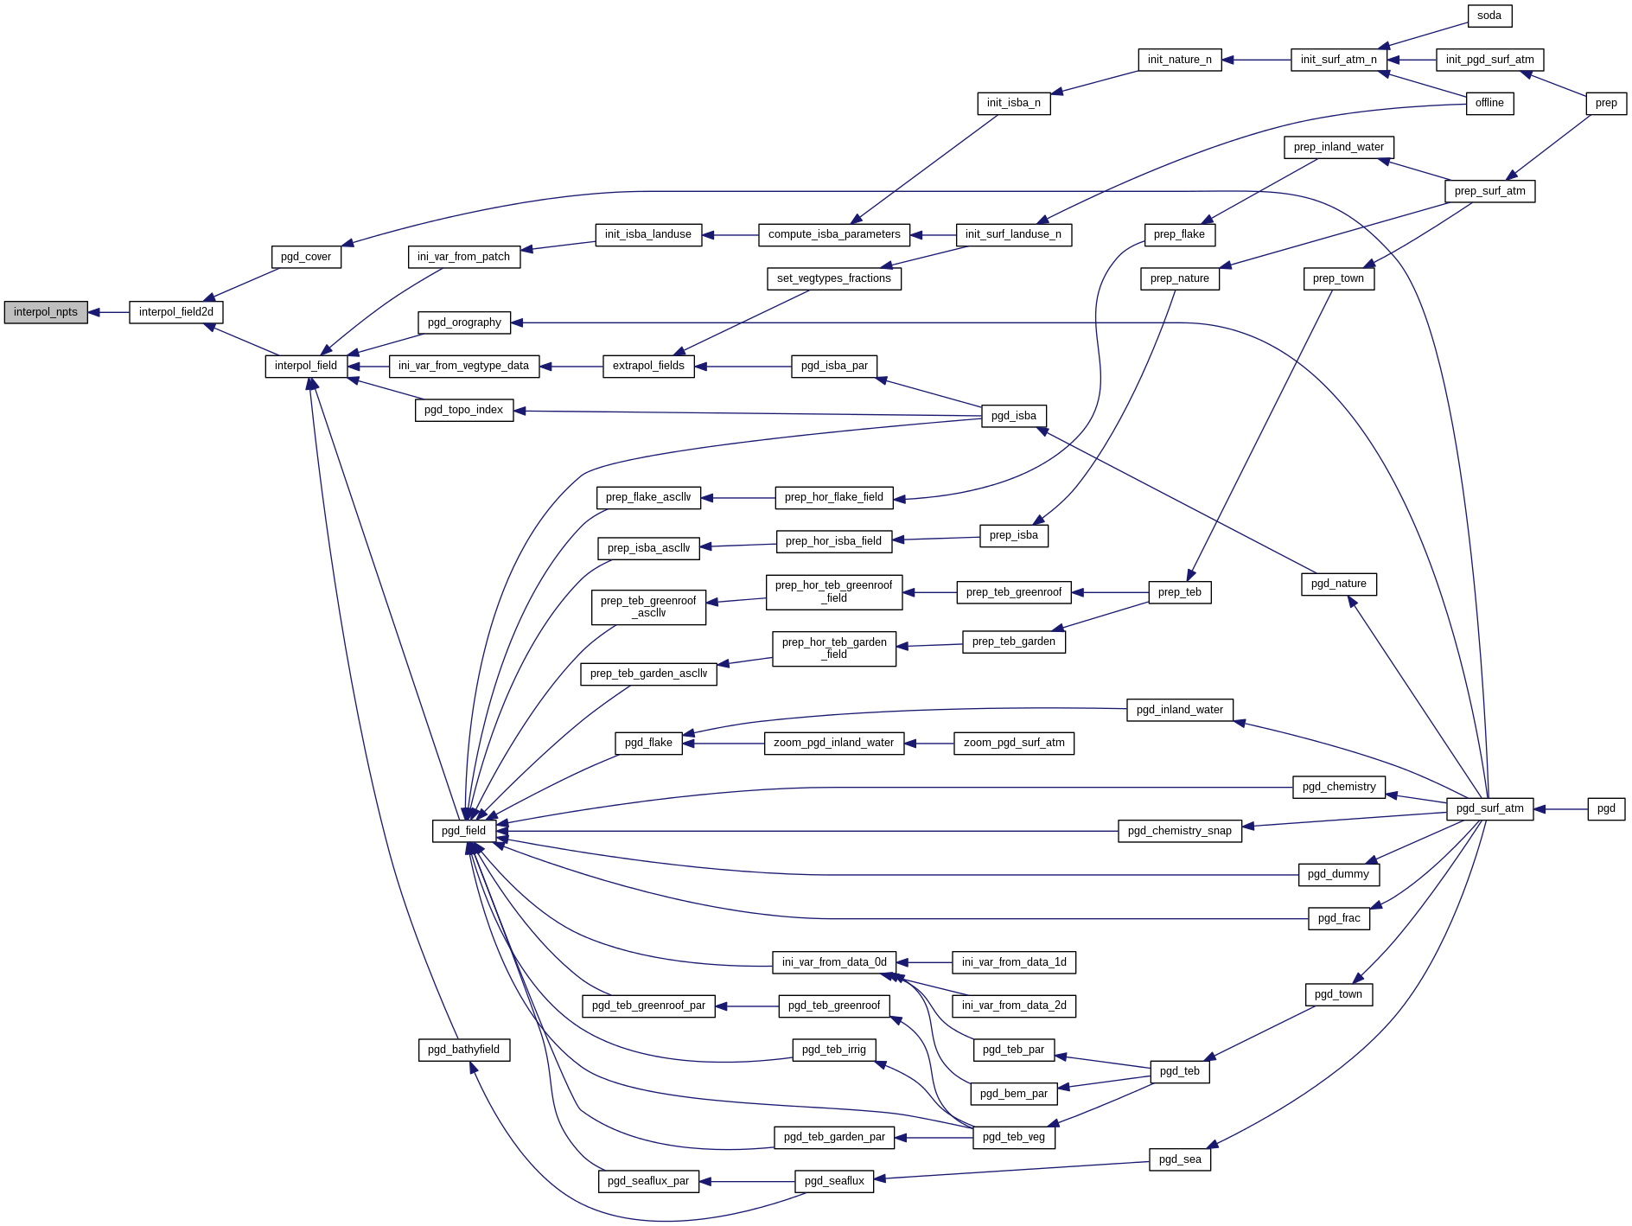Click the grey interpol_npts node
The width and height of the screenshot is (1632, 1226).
pos(46,312)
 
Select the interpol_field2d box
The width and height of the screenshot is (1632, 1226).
pos(176,312)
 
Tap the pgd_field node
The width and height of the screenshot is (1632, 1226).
pos(463,831)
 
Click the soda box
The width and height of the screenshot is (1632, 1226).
pos(1489,16)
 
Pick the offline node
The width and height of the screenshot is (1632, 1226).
pos(1489,103)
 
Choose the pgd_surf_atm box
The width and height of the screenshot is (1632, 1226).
pos(1489,808)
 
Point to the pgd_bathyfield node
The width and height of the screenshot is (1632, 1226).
pos(463,1050)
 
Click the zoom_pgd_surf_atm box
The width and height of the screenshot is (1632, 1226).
pos(1013,743)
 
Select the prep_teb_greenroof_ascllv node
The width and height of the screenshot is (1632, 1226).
pos(648,607)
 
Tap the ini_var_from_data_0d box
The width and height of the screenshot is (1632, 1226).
pos(833,962)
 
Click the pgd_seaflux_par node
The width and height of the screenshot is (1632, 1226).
pos(648,1181)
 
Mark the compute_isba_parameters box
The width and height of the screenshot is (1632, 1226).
pos(834,234)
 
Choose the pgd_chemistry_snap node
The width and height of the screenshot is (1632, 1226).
pos(1179,831)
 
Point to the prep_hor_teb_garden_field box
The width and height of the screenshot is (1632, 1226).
pos(833,648)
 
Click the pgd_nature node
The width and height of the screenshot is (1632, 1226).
pos(1338,584)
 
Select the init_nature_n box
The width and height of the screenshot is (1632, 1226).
pos(1179,60)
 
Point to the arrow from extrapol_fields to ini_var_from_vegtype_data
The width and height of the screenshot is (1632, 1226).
pos(571,367)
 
